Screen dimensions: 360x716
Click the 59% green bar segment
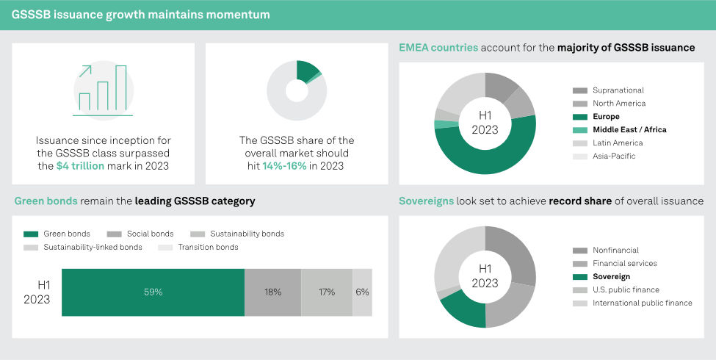(x=153, y=292)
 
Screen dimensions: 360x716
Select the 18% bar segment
(x=272, y=292)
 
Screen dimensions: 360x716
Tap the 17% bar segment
(x=326, y=292)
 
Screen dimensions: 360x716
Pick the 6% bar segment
(x=362, y=292)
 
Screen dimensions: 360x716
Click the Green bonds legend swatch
(x=31, y=234)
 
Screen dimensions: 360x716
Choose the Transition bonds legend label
(x=208, y=247)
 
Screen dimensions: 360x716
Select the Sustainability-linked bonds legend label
(x=93, y=247)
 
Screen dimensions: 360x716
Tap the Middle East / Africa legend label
(x=629, y=130)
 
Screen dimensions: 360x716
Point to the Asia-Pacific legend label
(x=614, y=156)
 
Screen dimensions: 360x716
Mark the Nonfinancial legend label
(x=615, y=250)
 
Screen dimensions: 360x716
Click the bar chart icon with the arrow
(x=104, y=90)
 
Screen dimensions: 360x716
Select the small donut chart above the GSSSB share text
(x=297, y=90)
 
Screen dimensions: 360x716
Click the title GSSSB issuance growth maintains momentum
(x=140, y=15)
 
